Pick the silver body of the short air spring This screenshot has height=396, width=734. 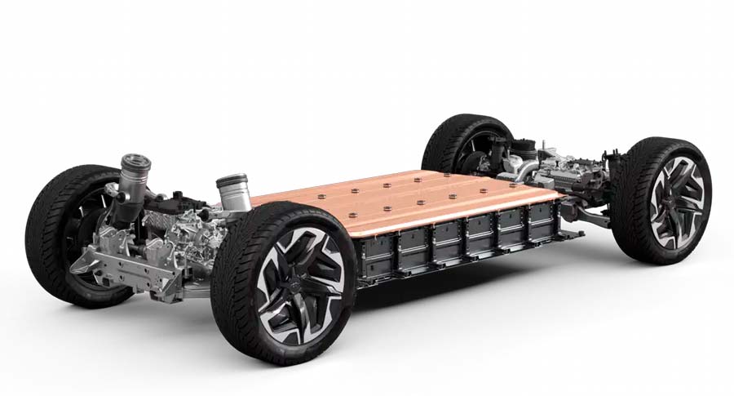(232, 194)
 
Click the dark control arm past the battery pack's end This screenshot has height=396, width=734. (591, 217)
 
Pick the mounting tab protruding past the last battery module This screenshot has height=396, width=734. (576, 235)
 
